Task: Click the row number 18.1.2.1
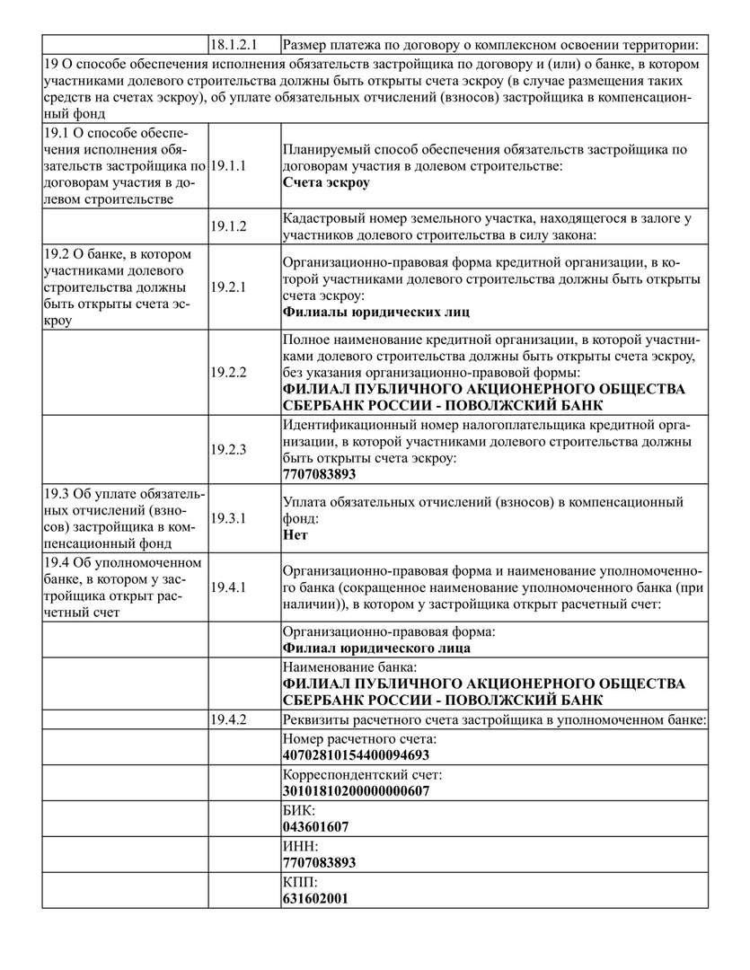point(235,44)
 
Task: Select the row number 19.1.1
point(229,166)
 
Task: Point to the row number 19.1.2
point(229,226)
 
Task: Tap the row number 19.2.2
point(229,371)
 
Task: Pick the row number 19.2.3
point(229,449)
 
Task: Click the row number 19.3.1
point(229,518)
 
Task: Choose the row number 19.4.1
point(229,586)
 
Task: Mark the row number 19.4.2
point(229,719)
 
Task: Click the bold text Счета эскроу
point(326,182)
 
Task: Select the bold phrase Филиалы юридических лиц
point(376,312)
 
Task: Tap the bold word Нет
point(296,534)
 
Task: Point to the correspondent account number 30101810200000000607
point(356,790)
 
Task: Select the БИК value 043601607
point(316,826)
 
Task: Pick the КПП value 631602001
point(316,898)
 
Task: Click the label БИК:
point(299,810)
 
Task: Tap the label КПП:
point(300,882)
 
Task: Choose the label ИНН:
point(301,846)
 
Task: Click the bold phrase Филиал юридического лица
point(376,648)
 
